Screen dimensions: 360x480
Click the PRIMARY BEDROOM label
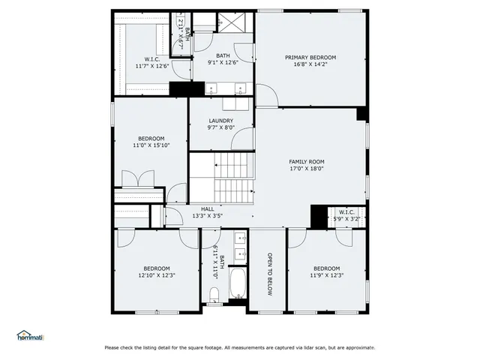tap(310, 58)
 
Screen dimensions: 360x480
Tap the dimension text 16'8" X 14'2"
tap(310, 65)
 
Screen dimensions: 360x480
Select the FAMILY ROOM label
tap(307, 162)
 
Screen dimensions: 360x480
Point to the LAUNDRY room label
tap(220, 121)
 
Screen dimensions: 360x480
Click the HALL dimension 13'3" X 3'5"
tap(208, 216)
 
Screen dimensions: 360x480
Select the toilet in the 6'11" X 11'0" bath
tap(214, 292)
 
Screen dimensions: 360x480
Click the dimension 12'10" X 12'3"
tap(157, 275)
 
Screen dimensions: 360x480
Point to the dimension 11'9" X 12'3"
tap(326, 275)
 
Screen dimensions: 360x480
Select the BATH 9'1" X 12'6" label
tap(223, 58)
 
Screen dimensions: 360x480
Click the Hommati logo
tap(30, 335)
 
